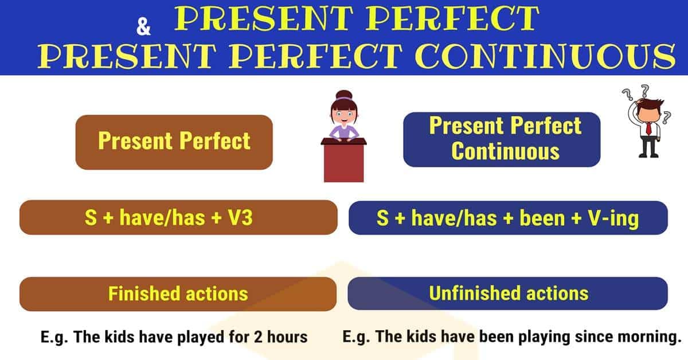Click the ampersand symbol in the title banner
143,26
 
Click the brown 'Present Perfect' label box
174,142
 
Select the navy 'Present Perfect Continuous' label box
502,139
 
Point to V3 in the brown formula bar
240,217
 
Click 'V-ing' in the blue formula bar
613,218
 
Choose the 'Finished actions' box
178,294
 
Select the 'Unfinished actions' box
508,294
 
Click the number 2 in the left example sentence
258,337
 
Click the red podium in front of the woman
343,161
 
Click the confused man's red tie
648,128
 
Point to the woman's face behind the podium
344,114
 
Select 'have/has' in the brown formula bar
162,217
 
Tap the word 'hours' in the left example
287,337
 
